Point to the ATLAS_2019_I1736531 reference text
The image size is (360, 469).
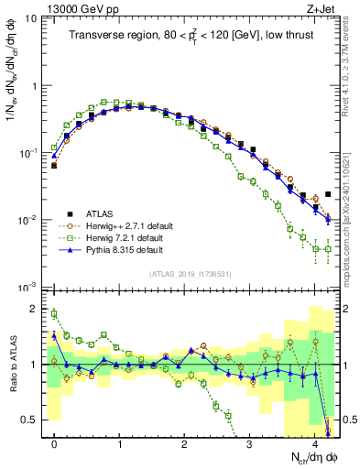coord(191,274)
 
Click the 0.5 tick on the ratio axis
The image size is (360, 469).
coord(32,420)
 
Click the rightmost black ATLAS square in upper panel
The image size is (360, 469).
coord(328,194)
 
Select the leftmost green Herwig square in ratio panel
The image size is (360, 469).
coord(54,314)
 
